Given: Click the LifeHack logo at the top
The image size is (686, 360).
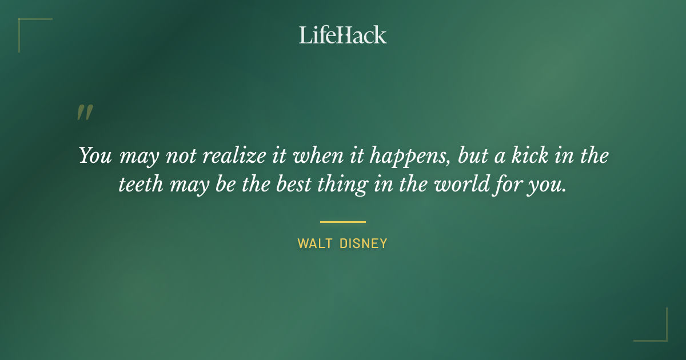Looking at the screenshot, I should [x=343, y=35].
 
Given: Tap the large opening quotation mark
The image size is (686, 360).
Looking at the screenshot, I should [x=85, y=113].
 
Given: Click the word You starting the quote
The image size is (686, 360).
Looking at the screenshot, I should [x=95, y=156].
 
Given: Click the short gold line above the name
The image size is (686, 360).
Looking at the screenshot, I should [x=343, y=222].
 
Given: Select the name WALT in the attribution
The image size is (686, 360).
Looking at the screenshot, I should [x=313, y=243].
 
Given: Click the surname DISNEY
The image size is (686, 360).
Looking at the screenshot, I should [x=364, y=243].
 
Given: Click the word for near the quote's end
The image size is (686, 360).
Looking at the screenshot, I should [x=505, y=186].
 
